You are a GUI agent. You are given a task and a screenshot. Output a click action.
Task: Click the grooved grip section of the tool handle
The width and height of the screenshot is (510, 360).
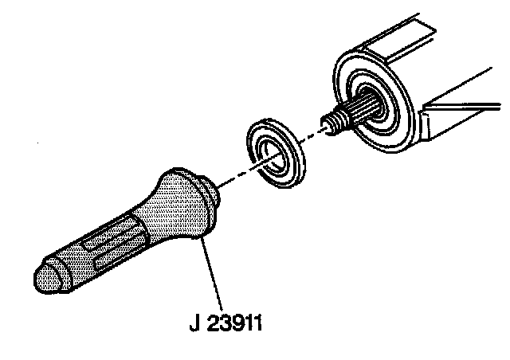pyautogui.click(x=112, y=243)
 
